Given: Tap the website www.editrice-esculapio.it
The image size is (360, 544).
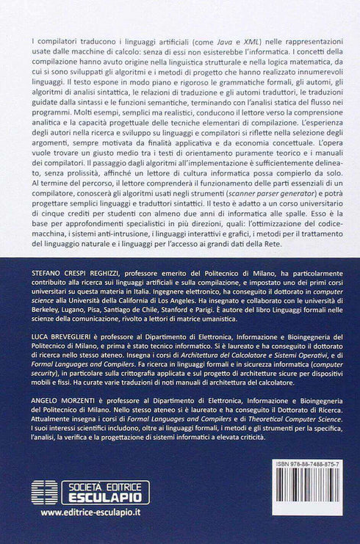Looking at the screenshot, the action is (91, 512).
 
